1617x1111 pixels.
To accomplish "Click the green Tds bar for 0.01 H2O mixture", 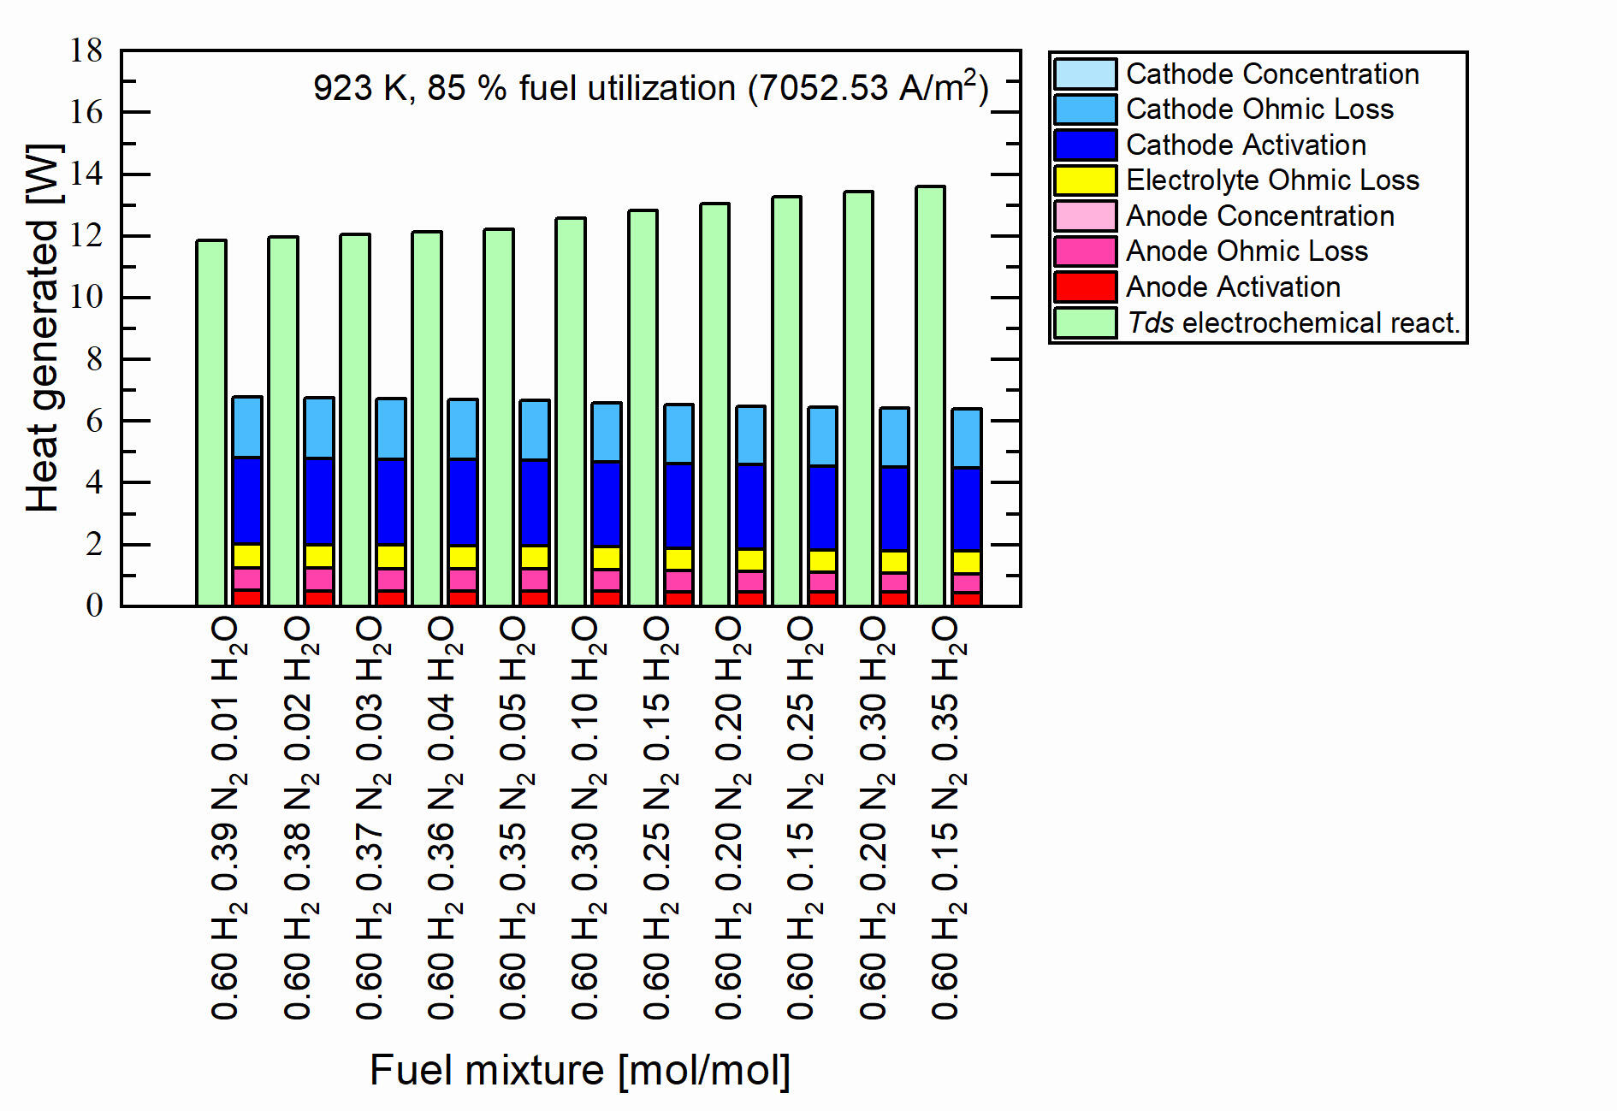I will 211,423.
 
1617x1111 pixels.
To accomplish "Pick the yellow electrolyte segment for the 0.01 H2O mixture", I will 247,556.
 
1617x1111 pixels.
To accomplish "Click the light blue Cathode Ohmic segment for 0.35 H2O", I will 967,438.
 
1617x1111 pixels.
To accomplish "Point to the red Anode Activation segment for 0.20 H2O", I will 751,598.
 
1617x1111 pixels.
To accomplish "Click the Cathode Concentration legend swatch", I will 1085,74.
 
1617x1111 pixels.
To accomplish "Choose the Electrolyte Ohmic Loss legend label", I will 1272,180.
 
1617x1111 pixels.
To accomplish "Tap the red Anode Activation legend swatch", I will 1085,287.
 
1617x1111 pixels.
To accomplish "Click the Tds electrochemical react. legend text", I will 1293,323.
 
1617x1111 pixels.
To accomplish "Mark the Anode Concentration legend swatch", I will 1085,216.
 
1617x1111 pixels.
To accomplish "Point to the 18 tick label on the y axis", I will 86,50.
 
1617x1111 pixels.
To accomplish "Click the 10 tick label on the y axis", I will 86,298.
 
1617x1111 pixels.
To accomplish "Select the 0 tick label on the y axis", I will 94,606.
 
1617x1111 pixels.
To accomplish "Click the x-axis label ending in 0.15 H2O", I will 656,818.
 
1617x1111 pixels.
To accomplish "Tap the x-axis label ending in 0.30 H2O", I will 872,818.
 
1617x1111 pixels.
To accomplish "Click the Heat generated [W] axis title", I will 43,328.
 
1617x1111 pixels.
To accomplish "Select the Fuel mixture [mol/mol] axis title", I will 580,1070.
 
